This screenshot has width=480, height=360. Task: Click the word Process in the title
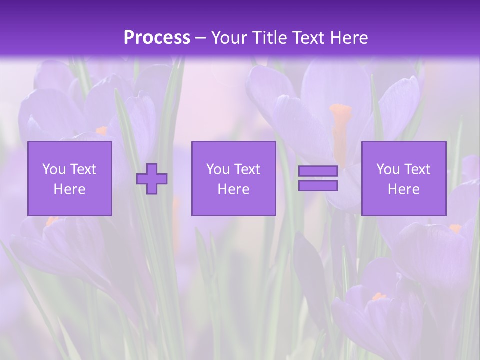point(157,38)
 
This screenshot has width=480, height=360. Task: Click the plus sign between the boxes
point(152,179)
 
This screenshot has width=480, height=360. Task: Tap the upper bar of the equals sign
point(318,171)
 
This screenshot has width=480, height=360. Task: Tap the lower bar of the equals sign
point(318,186)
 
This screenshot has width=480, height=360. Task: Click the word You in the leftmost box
point(54,169)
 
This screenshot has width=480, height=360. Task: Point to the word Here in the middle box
point(233,189)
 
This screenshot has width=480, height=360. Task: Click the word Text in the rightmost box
point(417,169)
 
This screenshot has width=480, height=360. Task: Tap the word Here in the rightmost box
point(404,189)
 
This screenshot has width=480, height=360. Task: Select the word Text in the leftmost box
point(83,169)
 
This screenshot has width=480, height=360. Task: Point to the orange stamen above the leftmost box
point(101,130)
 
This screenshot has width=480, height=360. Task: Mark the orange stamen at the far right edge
point(455,228)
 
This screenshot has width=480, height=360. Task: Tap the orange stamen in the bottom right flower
point(379,297)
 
